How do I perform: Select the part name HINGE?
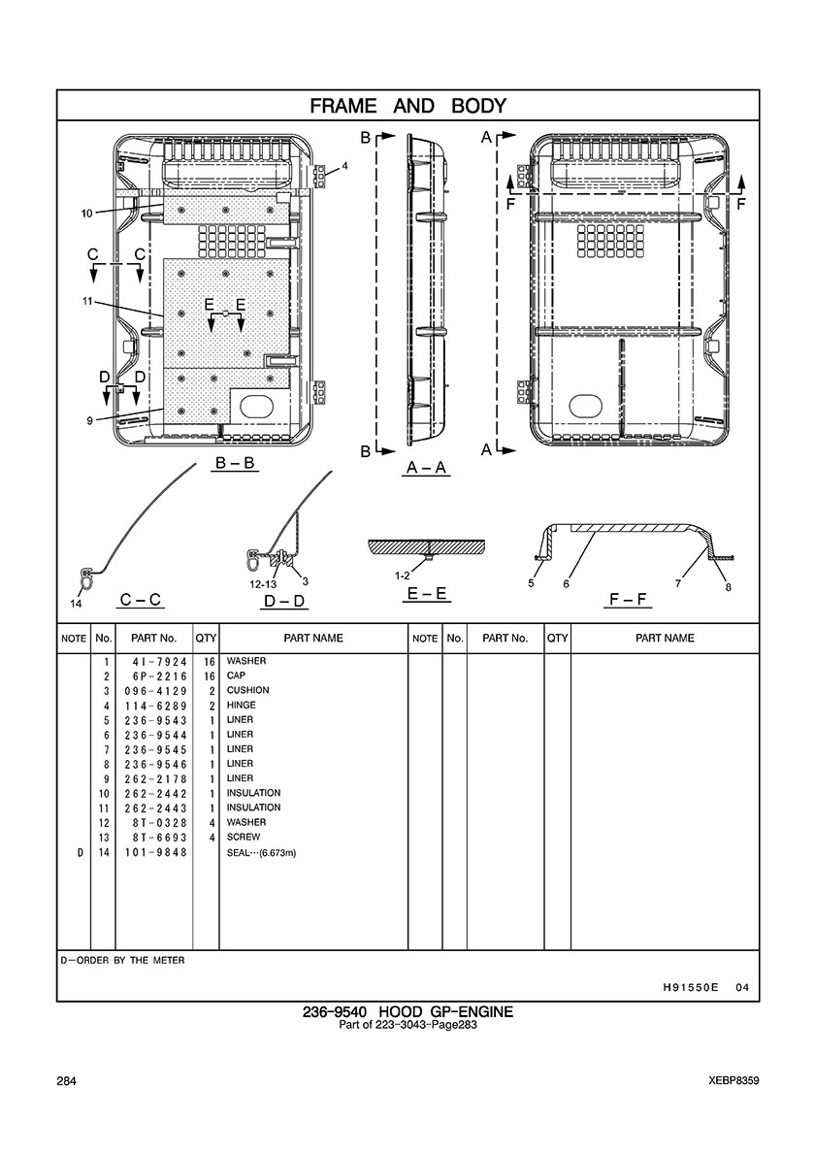241,706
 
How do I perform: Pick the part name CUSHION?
247,691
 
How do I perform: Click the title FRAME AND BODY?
407,105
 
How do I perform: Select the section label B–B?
235,464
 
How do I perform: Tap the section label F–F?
627,599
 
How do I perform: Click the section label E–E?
427,593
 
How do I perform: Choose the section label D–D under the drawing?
284,600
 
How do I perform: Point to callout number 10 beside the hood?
86,213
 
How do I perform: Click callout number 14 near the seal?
76,604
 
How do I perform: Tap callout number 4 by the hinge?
344,165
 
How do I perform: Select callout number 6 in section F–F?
566,583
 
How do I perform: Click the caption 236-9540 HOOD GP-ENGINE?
407,1011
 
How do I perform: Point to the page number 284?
67,1081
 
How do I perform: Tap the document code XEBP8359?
734,1081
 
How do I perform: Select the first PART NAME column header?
313,638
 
